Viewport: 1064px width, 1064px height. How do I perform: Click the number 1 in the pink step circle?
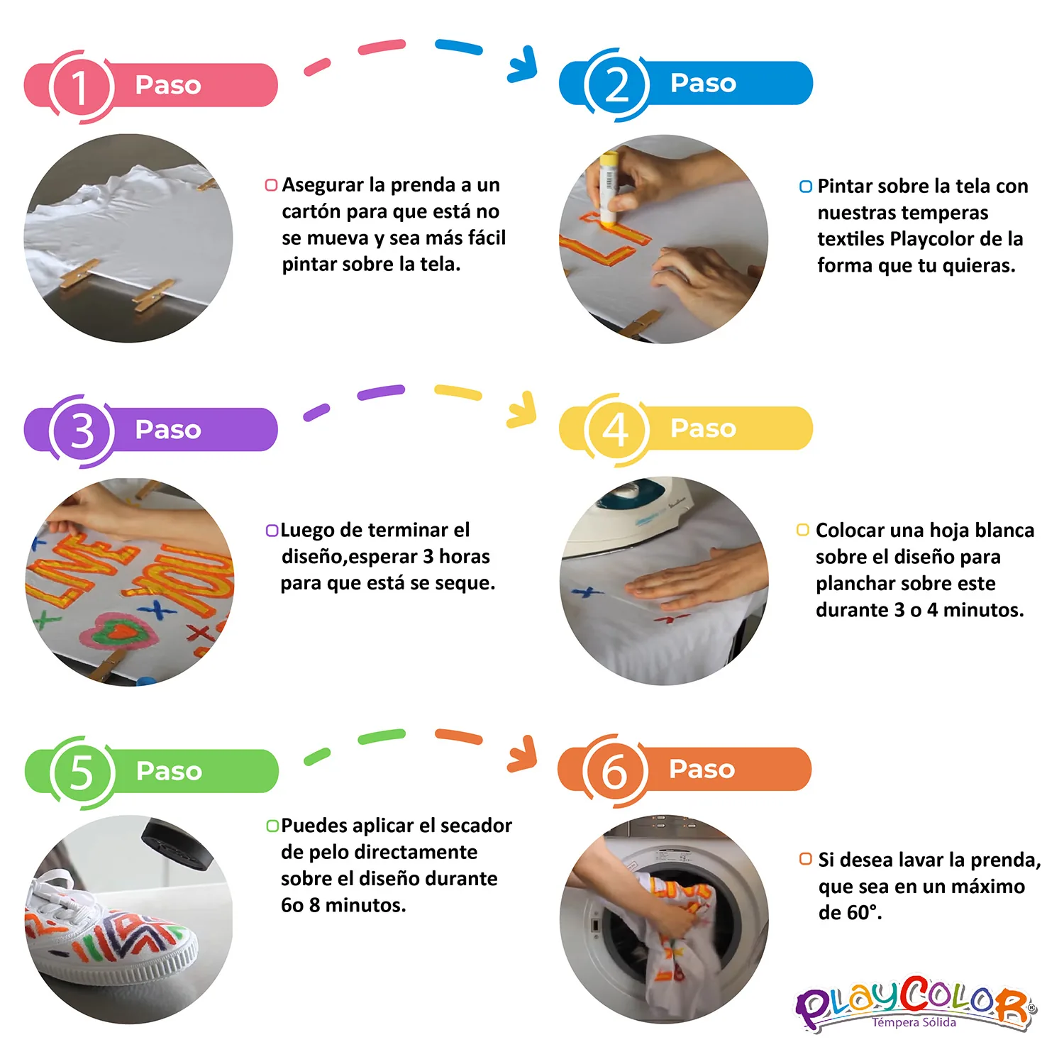point(79,87)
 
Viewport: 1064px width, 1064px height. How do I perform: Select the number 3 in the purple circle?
point(82,431)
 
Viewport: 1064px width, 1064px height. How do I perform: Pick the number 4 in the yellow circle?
point(615,429)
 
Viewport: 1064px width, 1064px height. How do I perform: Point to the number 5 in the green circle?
point(81,772)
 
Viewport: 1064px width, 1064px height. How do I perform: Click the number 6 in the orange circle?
point(614,771)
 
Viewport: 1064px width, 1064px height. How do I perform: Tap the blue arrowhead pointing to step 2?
point(525,67)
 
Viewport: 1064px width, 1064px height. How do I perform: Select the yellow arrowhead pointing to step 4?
point(524,411)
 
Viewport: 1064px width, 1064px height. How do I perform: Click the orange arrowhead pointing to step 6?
point(525,755)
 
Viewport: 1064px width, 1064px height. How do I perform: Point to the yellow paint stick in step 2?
point(608,187)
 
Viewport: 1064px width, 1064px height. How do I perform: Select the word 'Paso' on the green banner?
point(169,771)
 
